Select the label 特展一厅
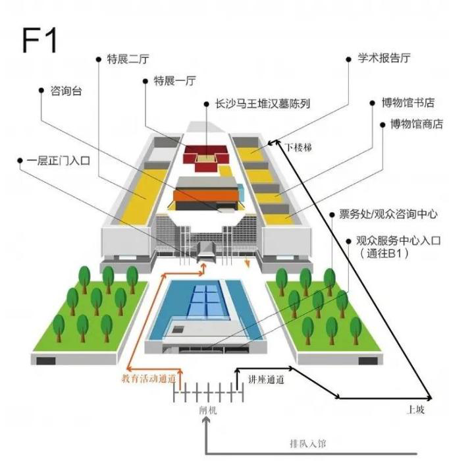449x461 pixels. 174,81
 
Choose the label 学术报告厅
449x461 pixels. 384,58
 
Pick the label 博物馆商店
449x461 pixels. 415,124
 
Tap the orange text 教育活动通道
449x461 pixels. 149,378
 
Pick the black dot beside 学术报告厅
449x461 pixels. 351,59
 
